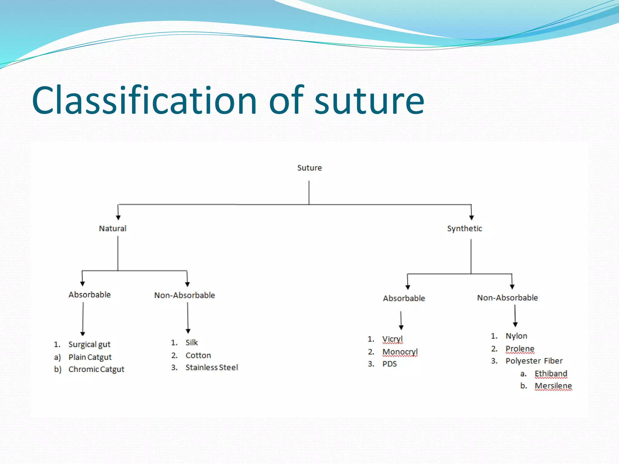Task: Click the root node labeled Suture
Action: [x=309, y=168]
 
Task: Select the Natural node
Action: [x=112, y=229]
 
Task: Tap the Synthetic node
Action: [x=465, y=229]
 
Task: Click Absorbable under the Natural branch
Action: [x=89, y=295]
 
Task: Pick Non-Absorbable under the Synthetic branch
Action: [x=507, y=298]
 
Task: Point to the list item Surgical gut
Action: [x=89, y=344]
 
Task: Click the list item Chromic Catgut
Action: [x=96, y=369]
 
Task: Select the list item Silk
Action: [x=192, y=343]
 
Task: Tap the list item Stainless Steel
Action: [x=212, y=368]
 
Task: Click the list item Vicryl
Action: [x=392, y=339]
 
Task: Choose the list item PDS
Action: [x=389, y=364]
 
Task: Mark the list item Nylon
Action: [x=516, y=336]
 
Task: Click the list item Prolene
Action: [x=520, y=349]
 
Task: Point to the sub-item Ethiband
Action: [x=551, y=374]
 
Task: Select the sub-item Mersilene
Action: [x=553, y=386]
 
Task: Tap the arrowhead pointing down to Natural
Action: [x=118, y=217]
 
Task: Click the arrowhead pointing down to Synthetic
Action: [x=472, y=217]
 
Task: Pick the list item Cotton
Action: [x=198, y=356]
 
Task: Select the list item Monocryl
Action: [x=400, y=352]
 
